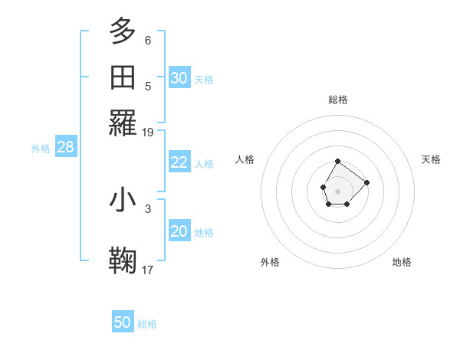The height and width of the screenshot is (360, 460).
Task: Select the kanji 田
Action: coord(123,78)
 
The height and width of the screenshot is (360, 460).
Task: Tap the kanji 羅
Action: coord(123,123)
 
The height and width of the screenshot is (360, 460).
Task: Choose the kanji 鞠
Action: coord(123,259)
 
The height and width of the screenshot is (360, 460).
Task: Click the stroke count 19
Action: coord(148,133)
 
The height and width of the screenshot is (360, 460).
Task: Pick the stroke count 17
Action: coord(148,270)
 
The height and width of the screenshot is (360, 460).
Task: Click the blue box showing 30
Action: coord(179,78)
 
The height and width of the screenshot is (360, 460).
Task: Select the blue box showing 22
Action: coord(179,162)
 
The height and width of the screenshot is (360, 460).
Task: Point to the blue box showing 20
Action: coord(179,232)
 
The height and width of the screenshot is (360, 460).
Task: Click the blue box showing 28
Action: coord(66,148)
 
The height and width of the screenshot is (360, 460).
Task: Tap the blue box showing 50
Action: coord(123,322)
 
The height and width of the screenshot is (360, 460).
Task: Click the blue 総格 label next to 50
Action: coord(147,324)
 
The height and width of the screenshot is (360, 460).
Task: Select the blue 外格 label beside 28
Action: coord(41,149)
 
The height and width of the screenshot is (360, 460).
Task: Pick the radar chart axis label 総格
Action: coord(337,100)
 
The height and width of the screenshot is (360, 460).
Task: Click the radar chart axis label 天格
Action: coord(431,159)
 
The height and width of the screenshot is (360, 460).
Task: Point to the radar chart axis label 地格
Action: coord(402,262)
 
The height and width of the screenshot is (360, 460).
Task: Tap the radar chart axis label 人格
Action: coord(245,159)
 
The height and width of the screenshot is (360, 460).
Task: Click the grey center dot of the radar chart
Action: coord(337,190)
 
